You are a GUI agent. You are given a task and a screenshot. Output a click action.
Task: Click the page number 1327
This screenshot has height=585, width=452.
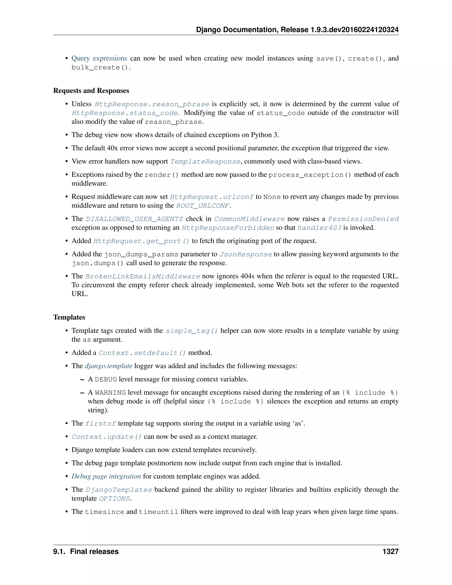click(390, 551)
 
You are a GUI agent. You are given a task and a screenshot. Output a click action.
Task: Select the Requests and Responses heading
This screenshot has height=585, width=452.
click(91, 91)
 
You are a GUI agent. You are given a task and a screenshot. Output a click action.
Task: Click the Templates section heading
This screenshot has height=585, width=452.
click(69, 317)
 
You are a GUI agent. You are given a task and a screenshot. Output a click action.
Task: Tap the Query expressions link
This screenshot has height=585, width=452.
click(99, 58)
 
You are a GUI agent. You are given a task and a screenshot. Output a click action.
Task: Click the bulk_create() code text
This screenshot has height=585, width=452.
click(101, 68)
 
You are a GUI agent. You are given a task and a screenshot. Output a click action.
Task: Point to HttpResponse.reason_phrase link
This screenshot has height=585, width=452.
click(152, 104)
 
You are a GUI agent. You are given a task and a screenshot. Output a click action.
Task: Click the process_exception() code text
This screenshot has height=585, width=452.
click(310, 175)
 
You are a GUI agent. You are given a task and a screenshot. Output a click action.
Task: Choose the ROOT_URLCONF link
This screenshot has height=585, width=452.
click(203, 206)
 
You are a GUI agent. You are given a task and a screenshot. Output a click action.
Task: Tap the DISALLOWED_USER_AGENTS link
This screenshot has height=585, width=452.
click(134, 219)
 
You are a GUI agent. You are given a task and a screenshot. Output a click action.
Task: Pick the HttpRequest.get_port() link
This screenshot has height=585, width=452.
click(141, 241)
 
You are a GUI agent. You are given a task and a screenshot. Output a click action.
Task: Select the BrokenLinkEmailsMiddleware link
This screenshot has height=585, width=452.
click(143, 276)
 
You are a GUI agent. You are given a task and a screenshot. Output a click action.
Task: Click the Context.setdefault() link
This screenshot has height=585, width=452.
click(142, 353)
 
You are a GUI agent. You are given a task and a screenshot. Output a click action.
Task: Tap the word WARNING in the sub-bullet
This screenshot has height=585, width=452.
click(110, 393)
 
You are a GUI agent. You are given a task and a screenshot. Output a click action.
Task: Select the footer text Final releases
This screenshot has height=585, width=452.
click(94, 551)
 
